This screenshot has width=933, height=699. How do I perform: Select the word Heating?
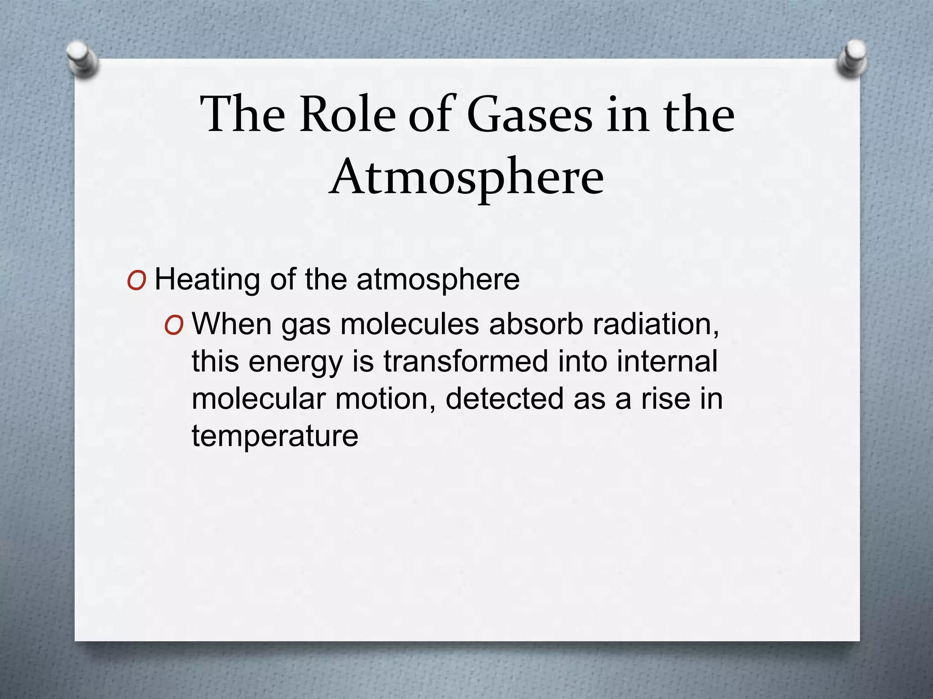(208, 280)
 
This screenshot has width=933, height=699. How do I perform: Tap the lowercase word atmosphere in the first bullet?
(438, 280)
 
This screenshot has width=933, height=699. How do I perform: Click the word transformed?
(465, 362)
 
